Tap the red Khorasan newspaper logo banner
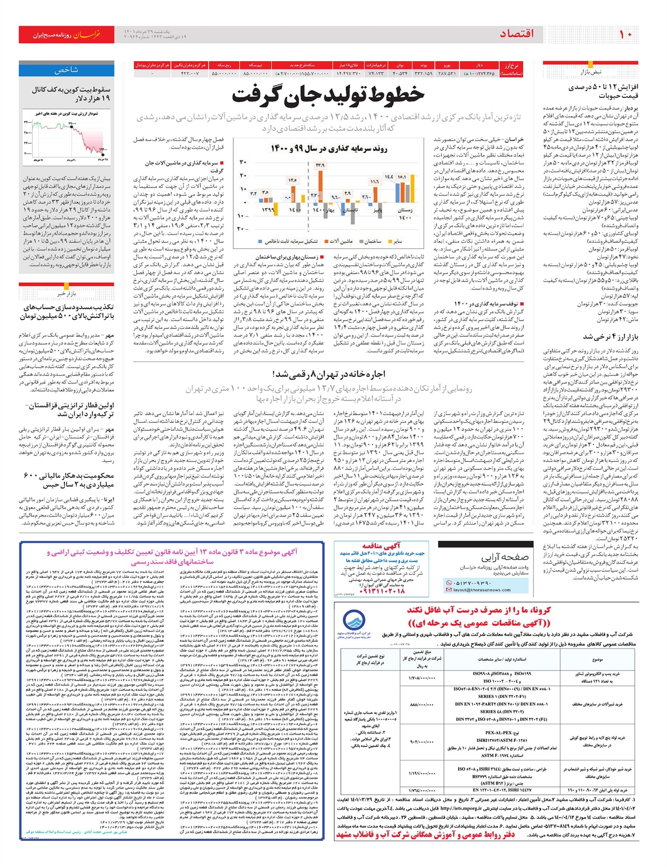pyautogui.click(x=67, y=34)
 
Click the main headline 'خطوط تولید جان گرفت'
pyautogui.click(x=328, y=95)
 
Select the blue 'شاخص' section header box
pyautogui.click(x=67, y=71)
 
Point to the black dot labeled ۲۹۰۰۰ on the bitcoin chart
pyautogui.click(x=72, y=127)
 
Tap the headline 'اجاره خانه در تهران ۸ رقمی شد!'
pyautogui.click(x=328, y=374)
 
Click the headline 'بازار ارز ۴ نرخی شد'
pyautogui.click(x=610, y=337)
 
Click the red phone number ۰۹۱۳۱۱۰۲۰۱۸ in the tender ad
pyautogui.click(x=383, y=591)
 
